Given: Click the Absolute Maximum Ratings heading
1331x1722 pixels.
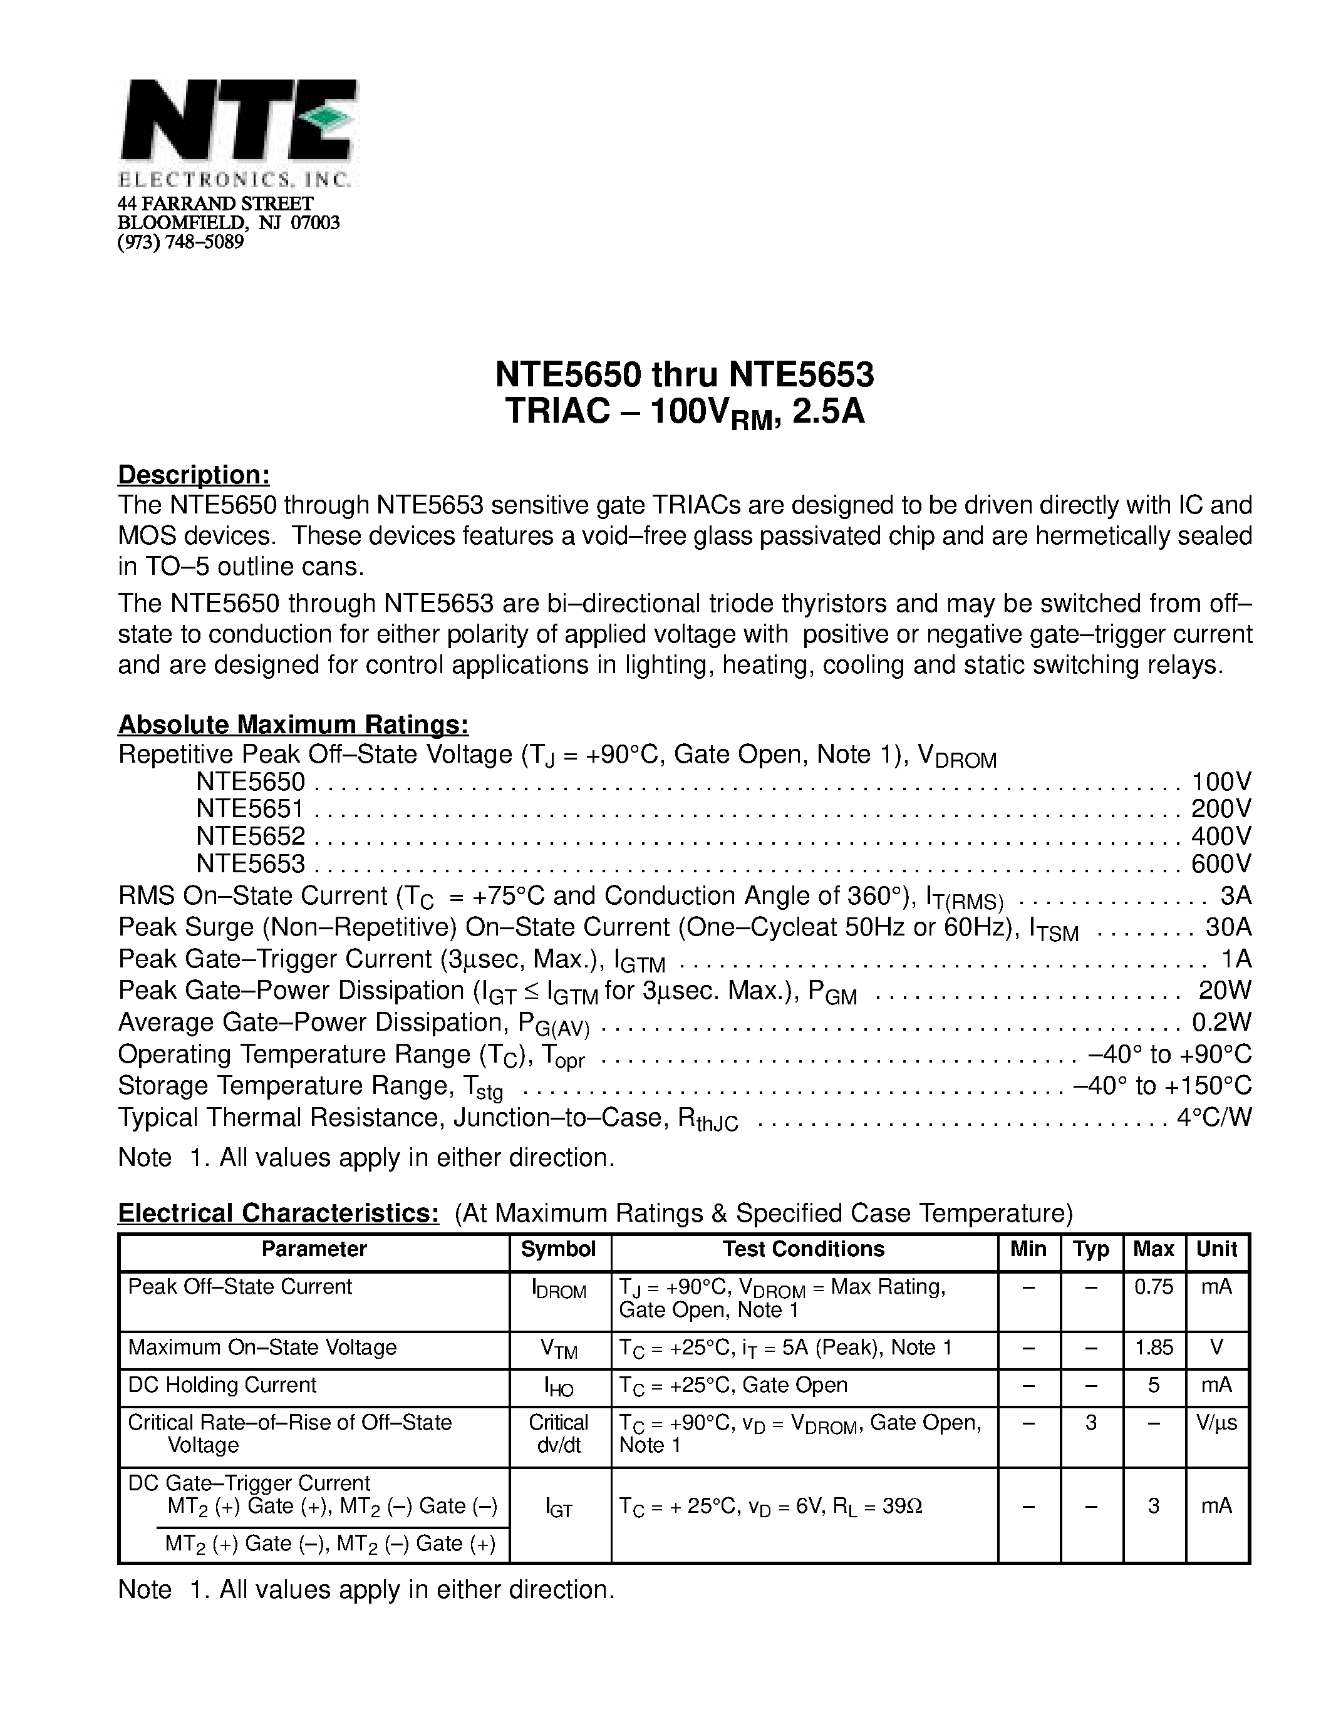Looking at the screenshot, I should pos(293,724).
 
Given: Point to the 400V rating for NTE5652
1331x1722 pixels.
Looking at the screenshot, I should pos(1221,836).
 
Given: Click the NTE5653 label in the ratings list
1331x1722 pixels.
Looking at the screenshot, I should pos(250,864).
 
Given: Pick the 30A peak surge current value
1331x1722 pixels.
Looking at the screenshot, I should pos(1228,927).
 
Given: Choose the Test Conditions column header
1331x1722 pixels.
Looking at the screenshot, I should pos(804,1250).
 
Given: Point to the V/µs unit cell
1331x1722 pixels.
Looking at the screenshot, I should pos(1216,1423).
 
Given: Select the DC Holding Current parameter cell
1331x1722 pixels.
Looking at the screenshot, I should pos(222,1385).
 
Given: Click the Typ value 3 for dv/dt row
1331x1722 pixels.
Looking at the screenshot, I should pos(1090,1423).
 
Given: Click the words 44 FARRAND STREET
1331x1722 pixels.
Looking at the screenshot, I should pos(215,204).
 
